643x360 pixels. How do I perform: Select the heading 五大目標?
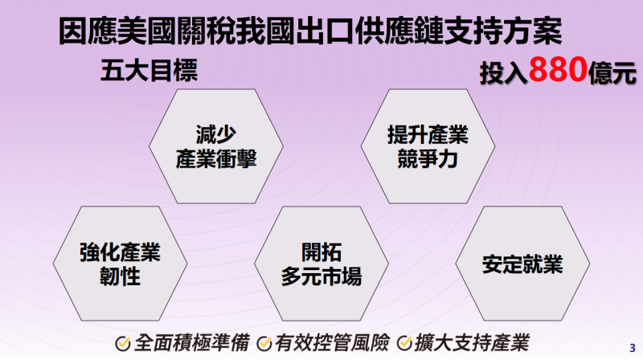[x=149, y=71]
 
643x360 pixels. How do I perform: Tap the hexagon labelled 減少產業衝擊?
[x=216, y=145]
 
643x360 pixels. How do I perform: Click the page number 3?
[x=631, y=347]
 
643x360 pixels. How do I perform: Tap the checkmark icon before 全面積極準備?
[x=123, y=342]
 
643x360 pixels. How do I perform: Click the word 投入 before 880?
[x=504, y=74]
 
